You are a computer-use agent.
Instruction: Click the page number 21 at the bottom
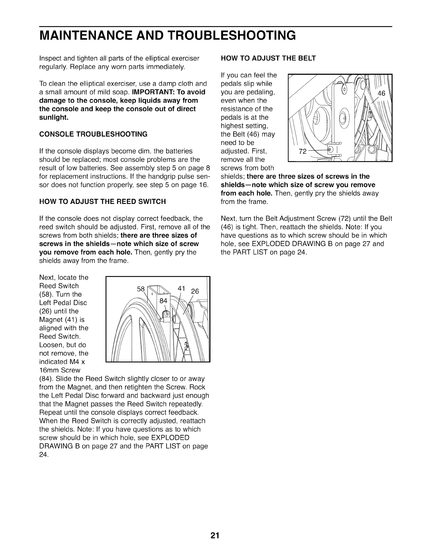pos(215,536)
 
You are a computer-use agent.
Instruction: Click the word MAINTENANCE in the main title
pos(90,35)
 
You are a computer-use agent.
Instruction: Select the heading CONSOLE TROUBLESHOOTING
pos(93,134)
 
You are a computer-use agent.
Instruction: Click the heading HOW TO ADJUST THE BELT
pos(268,58)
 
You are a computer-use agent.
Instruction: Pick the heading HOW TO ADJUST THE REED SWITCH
pos(102,201)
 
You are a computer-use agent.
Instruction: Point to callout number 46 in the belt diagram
pos(381,93)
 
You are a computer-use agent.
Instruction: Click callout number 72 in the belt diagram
pos(302,152)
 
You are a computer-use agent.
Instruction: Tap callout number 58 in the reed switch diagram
pos(141,289)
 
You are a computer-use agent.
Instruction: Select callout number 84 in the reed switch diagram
pos(163,300)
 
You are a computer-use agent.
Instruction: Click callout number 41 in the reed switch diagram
pos(181,288)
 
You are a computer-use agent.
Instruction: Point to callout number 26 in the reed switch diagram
pos(195,291)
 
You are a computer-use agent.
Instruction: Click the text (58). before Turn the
pos(47,294)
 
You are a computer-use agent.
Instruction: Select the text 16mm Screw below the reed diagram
pos(60,370)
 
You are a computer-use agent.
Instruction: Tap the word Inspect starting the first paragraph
pos(50,58)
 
